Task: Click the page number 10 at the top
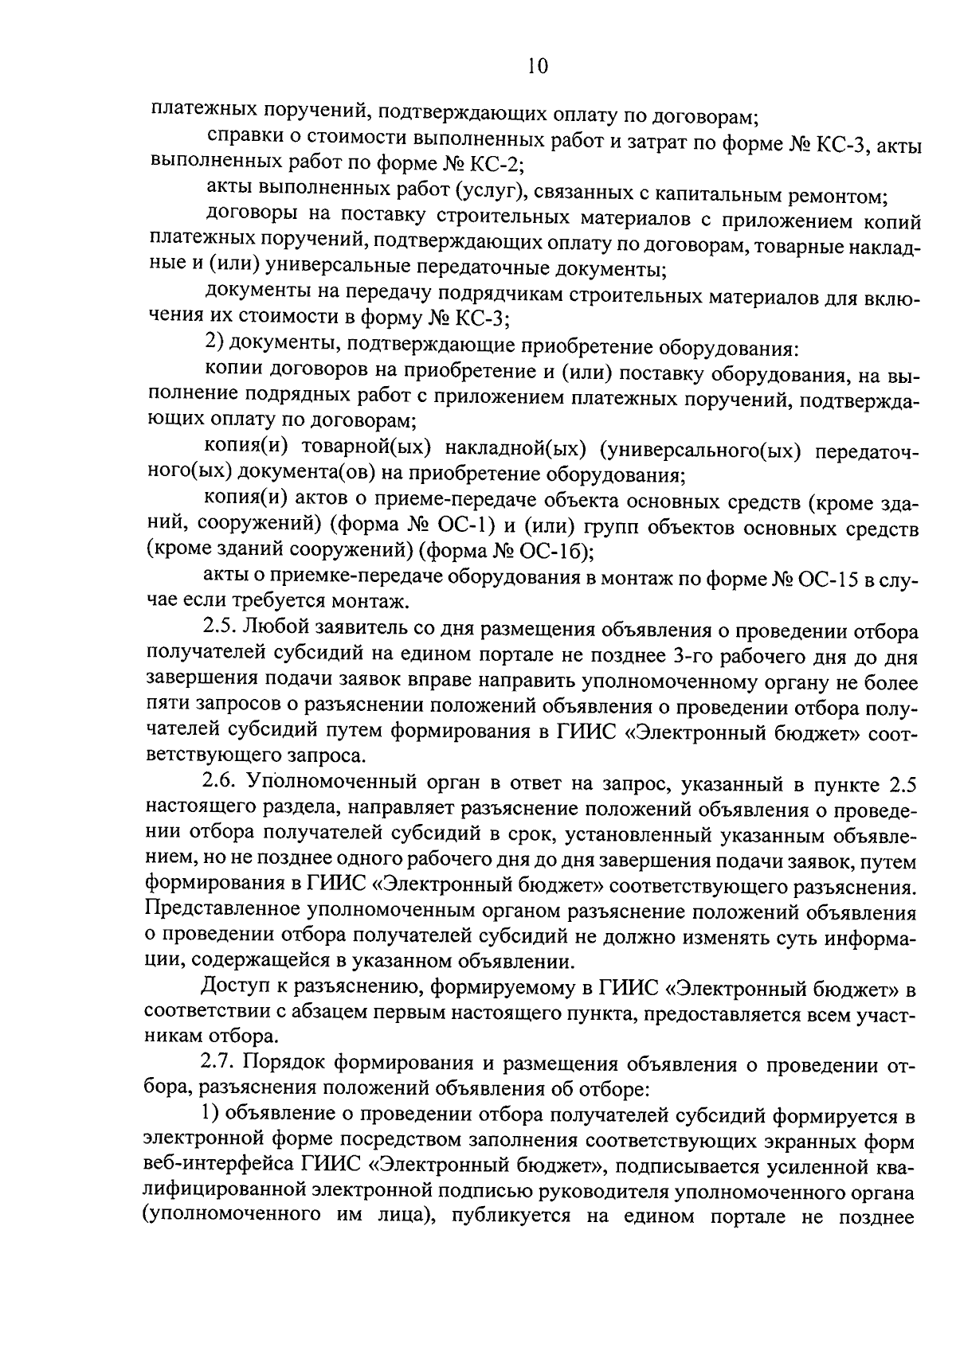point(538,67)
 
